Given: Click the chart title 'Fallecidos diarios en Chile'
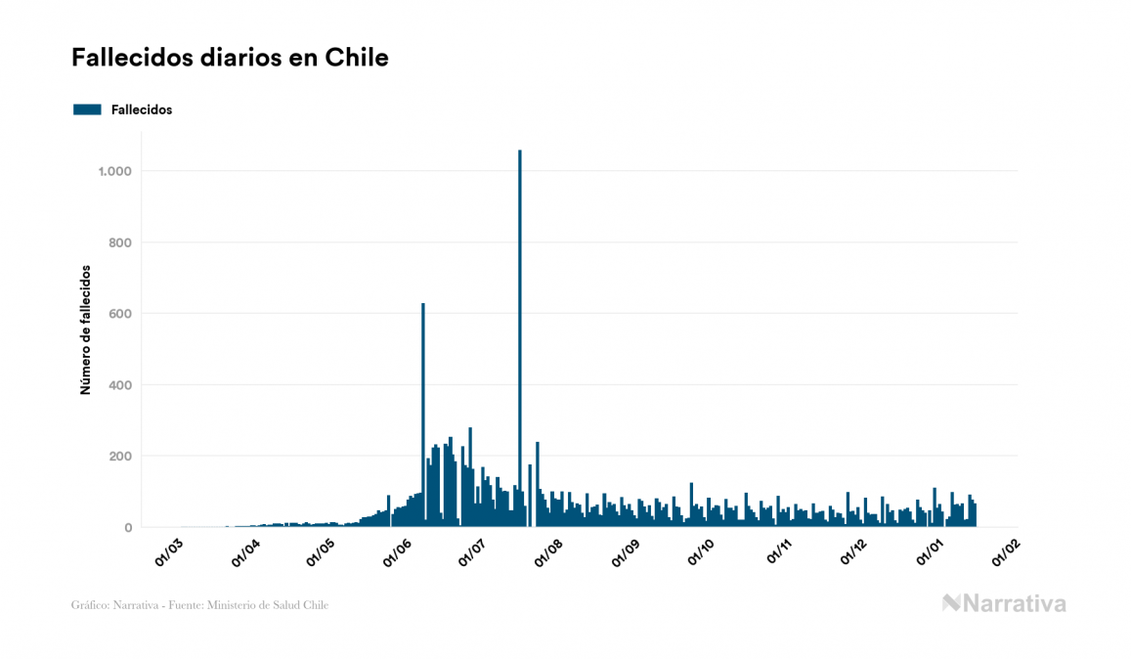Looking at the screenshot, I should pos(230,58).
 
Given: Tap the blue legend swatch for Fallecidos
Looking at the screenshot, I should pos(87,110).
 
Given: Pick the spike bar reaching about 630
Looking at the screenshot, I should pos(423,411).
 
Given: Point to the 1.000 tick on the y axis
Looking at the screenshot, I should pos(114,171).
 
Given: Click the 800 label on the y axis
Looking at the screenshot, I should pos(119,242).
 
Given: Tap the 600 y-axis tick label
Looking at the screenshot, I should pos(119,314).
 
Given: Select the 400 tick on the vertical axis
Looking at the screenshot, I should pos(119,385).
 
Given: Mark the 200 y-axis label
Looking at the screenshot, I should pos(119,457).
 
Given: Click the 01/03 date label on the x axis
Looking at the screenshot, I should pos(169,552).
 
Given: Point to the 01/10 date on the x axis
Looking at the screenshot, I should pos(702,552).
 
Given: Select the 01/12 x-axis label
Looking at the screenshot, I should pos(854,552).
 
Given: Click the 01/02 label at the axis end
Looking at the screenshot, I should pos(1006,552).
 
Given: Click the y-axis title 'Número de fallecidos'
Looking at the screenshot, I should pos(85,329).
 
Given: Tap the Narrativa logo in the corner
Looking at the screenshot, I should pos(1004,603).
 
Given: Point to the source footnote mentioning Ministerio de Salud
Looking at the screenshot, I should pos(199,605).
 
